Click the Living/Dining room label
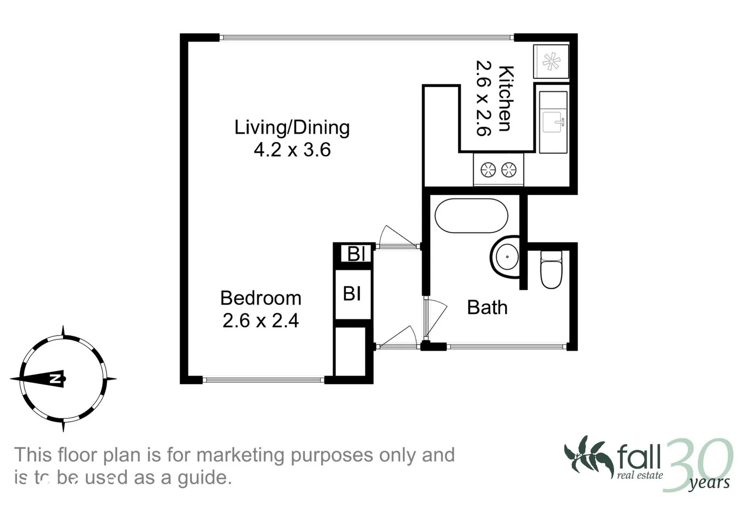coord(292,128)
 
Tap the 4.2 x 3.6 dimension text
coord(292,150)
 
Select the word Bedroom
coord(261,298)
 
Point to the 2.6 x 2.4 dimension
coord(261,320)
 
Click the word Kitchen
coord(506,98)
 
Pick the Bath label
coord(487,307)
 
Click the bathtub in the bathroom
coord(471,216)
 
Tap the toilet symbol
coord(551,269)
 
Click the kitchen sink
coord(553,122)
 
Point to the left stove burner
coord(488,170)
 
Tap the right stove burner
coord(508,170)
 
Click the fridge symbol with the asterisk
coord(551,62)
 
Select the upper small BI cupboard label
coord(356,254)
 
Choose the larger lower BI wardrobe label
coord(352,294)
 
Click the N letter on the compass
coord(54,379)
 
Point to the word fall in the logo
coord(639,457)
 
